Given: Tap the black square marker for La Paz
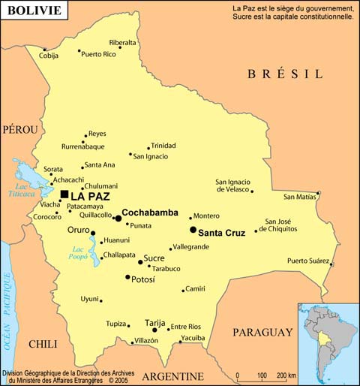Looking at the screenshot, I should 64,195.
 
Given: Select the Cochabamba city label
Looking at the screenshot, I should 149,213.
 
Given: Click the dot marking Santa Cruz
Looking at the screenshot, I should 193,230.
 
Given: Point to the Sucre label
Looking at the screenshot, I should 154,258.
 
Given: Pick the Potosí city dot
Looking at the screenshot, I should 127,277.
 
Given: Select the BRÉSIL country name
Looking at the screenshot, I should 285,74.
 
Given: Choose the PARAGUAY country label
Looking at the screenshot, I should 262,332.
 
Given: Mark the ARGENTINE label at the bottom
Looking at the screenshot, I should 172,376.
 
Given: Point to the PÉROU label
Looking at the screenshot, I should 19,129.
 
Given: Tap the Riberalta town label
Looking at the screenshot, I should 123,43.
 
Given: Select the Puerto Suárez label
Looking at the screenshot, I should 308,261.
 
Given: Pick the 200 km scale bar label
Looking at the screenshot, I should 285,375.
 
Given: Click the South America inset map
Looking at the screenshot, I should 328,343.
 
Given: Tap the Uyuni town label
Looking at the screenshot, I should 89,299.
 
